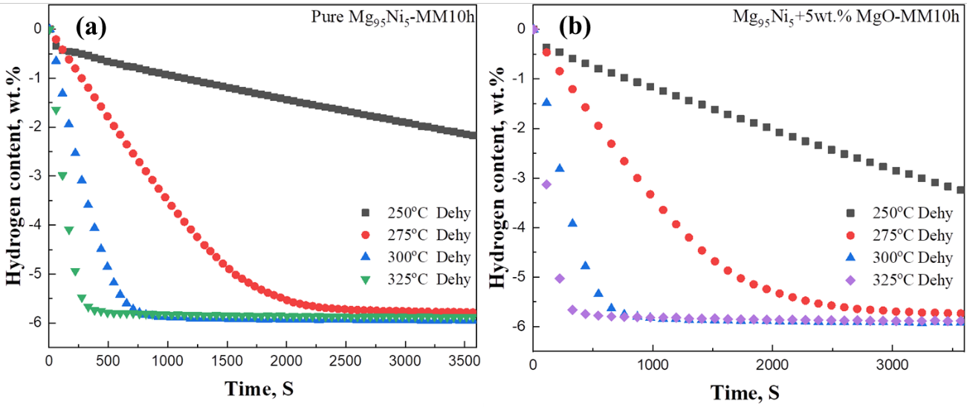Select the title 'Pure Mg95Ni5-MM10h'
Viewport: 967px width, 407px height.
point(391,16)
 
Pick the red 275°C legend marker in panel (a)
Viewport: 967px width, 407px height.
point(365,235)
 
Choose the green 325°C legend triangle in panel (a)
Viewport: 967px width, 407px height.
point(365,280)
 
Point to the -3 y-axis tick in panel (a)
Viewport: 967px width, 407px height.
point(33,176)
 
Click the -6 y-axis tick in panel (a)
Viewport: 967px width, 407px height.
point(33,323)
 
